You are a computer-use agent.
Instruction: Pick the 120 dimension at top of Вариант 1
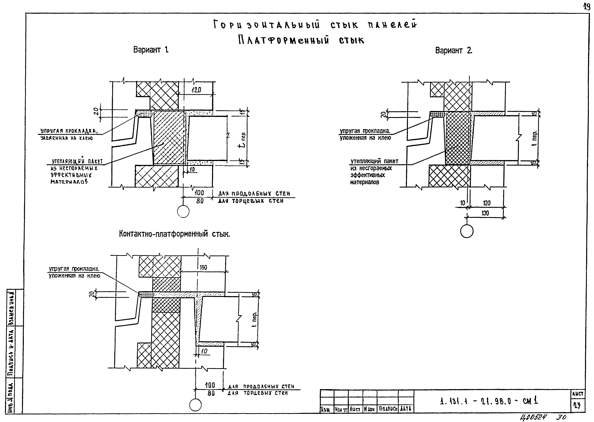tap(196, 90)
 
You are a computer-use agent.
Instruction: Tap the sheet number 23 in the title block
tap(577, 406)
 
